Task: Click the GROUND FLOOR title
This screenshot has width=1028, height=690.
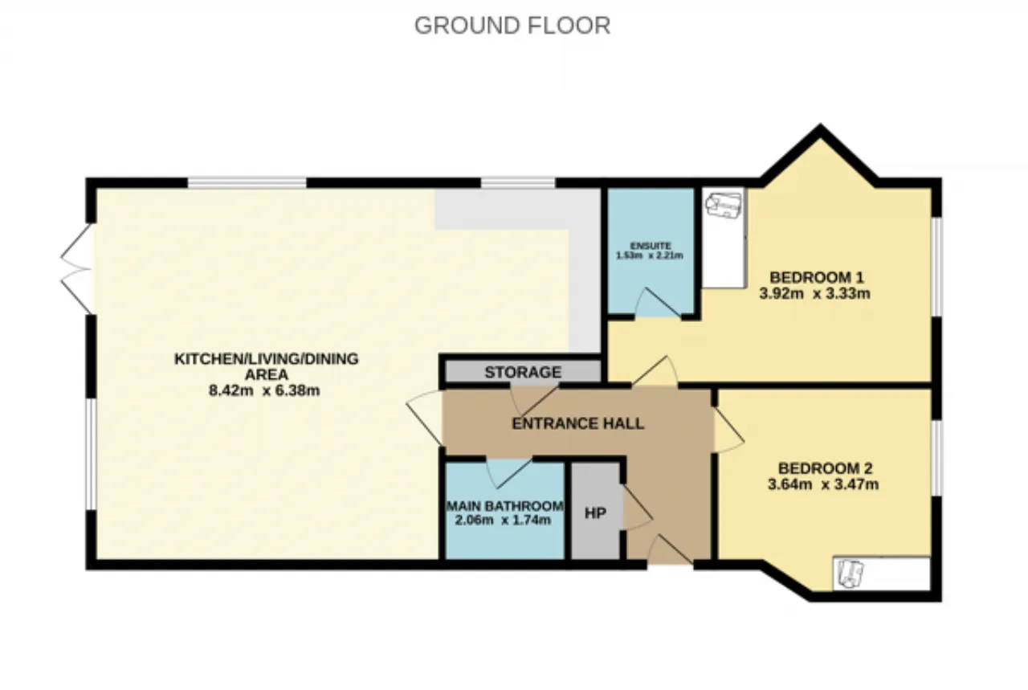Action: pyautogui.click(x=512, y=26)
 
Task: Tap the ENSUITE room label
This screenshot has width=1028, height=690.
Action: pyautogui.click(x=651, y=246)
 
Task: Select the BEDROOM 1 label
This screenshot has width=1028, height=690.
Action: pyautogui.click(x=817, y=277)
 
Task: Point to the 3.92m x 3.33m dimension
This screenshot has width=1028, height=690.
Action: pyautogui.click(x=814, y=293)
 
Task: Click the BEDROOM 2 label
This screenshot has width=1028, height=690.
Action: pyautogui.click(x=825, y=468)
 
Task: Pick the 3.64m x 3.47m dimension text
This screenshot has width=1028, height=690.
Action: pyautogui.click(x=823, y=484)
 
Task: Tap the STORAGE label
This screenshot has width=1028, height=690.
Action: pyautogui.click(x=523, y=372)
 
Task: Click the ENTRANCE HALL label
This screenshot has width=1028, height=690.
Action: pyautogui.click(x=577, y=423)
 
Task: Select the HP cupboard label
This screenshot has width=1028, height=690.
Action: pyautogui.click(x=595, y=512)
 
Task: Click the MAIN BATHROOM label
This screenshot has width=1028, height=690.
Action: pyautogui.click(x=505, y=506)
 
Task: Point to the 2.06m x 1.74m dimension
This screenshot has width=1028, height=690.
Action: pyautogui.click(x=503, y=521)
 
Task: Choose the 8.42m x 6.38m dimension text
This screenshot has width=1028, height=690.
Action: pyautogui.click(x=264, y=390)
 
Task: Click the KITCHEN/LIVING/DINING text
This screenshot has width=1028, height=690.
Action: pyautogui.click(x=266, y=358)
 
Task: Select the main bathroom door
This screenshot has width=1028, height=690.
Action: pyautogui.click(x=509, y=473)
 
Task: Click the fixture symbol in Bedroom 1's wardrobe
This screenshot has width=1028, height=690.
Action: pyautogui.click(x=724, y=205)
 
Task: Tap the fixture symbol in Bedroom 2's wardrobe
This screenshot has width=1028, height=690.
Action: pyautogui.click(x=851, y=574)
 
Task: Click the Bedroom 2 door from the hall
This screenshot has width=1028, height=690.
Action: pyautogui.click(x=728, y=430)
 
